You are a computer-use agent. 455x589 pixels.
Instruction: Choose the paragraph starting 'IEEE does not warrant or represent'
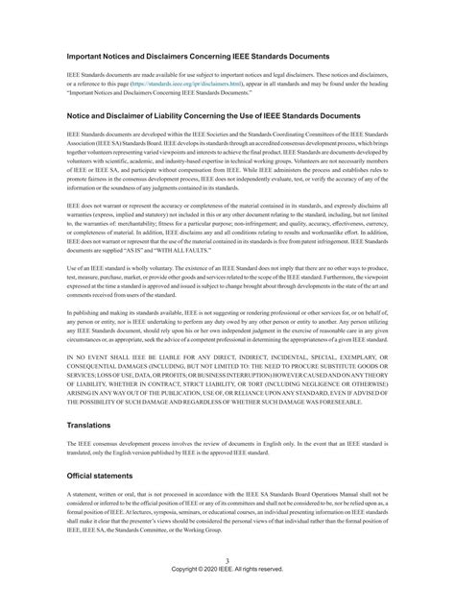[227, 226]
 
